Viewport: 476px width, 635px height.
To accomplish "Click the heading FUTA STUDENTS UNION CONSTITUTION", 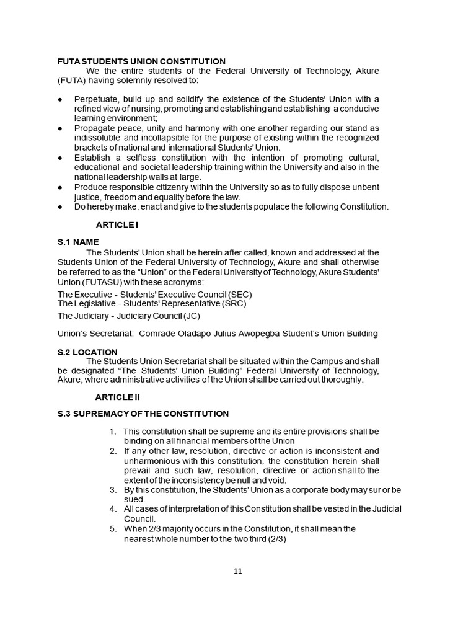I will click(x=141, y=61).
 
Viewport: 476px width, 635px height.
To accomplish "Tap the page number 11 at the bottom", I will click(x=238, y=571).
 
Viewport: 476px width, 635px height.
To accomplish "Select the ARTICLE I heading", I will click(x=117, y=224).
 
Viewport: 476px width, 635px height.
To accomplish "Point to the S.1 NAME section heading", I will click(x=78, y=242).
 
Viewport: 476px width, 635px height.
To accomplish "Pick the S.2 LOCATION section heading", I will click(x=87, y=352).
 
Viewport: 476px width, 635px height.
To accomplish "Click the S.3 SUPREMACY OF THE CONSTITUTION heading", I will click(x=143, y=414).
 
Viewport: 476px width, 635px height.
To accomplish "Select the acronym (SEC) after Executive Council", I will click(x=240, y=294).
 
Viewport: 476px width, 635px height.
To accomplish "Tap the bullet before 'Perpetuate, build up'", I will click(x=59, y=100).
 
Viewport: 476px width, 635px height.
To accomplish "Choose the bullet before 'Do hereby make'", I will click(x=59, y=206).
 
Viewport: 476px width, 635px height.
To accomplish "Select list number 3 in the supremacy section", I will click(x=113, y=490).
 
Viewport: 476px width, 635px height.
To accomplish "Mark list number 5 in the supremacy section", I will click(x=113, y=529).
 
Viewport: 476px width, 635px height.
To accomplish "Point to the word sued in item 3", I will click(x=134, y=499).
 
